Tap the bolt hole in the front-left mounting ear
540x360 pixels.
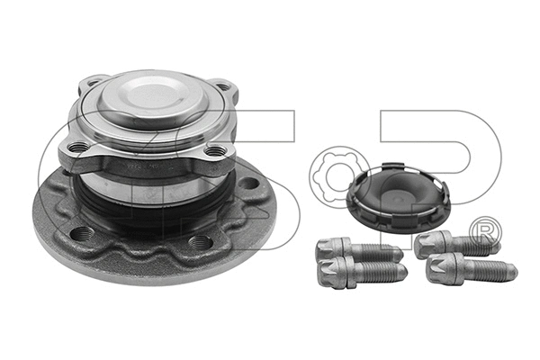[80, 147]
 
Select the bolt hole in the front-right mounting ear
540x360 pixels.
[213, 151]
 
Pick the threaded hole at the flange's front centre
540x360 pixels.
[200, 242]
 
